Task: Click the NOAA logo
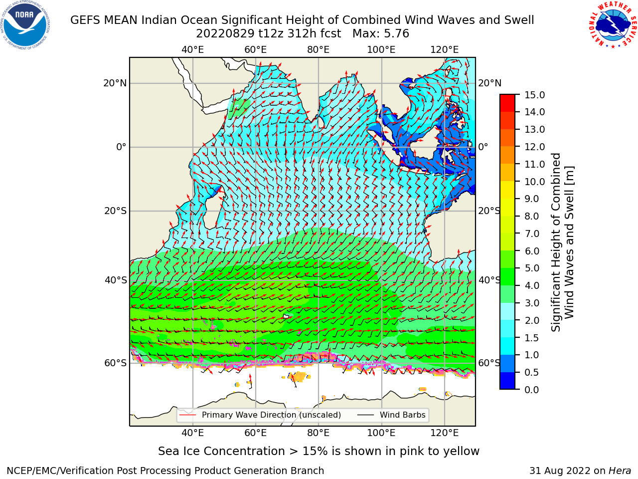pyautogui.click(x=25, y=25)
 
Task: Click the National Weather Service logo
pyautogui.click(x=612, y=25)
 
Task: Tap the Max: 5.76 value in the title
pyautogui.click(x=381, y=34)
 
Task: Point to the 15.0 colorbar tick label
pyautogui.click(x=534, y=95)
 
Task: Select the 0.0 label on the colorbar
pyautogui.click(x=532, y=390)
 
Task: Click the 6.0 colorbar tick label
pyautogui.click(x=532, y=251)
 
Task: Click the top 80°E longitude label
pyautogui.click(x=319, y=50)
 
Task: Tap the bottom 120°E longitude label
pyautogui.click(x=445, y=433)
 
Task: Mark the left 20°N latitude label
pyautogui.click(x=115, y=83)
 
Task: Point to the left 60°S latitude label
pyautogui.click(x=116, y=363)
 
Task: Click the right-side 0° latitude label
pyautogui.click(x=483, y=147)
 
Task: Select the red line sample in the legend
pyautogui.click(x=187, y=415)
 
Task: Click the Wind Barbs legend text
pyautogui.click(x=403, y=415)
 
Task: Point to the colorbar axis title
pyautogui.click(x=562, y=242)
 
